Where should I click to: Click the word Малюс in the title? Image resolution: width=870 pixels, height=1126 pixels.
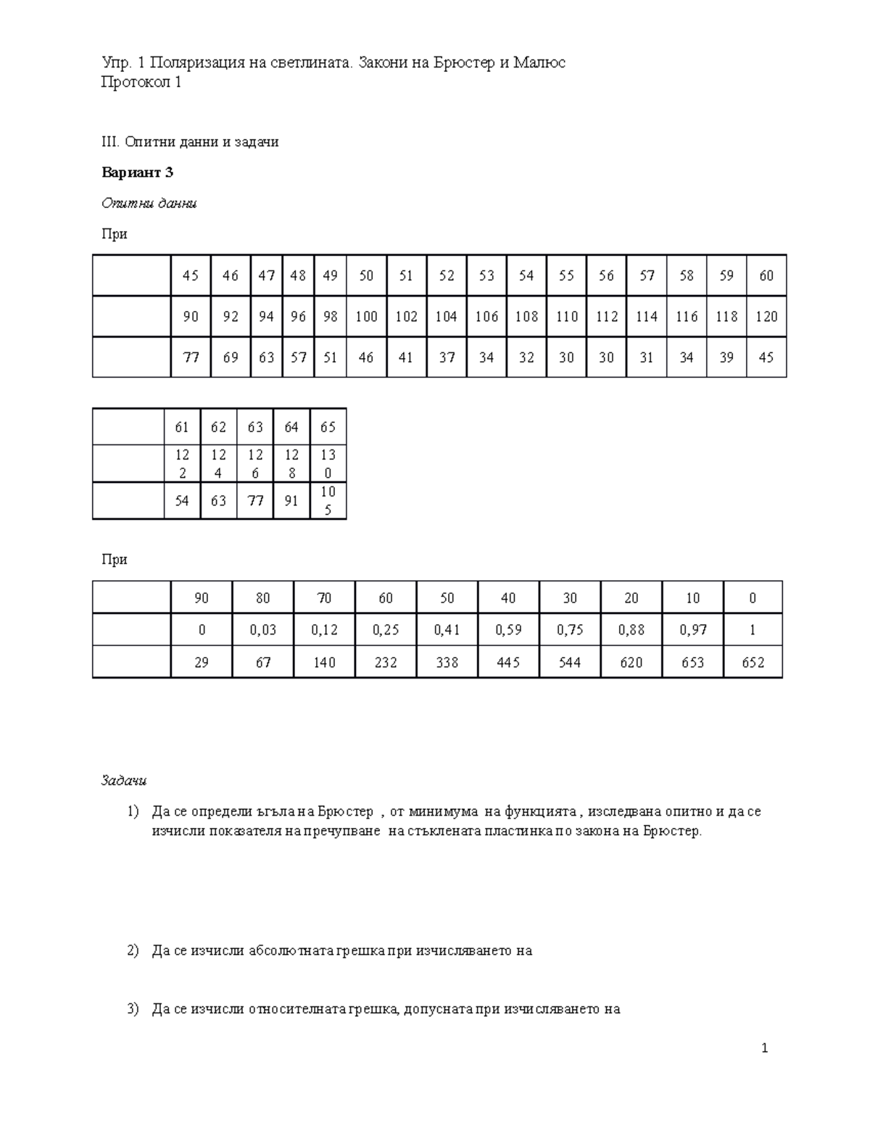[539, 63]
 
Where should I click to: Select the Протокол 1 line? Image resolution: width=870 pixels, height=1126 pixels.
[141, 83]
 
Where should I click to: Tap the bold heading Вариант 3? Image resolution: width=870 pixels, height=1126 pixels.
[138, 173]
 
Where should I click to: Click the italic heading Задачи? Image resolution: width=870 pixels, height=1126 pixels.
[124, 781]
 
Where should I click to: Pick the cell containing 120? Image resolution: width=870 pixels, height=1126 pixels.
[766, 316]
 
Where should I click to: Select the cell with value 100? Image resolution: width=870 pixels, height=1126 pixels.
[367, 316]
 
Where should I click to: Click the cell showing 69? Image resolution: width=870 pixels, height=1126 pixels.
[231, 357]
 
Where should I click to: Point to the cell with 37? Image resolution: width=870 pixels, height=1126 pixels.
[447, 357]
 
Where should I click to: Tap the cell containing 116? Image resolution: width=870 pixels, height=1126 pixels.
[687, 316]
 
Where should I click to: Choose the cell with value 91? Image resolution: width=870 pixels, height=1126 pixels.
[291, 501]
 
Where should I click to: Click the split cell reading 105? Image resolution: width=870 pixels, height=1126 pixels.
[328, 501]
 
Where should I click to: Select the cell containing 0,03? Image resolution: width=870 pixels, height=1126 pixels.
[263, 630]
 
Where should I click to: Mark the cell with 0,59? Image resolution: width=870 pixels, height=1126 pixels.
[508, 630]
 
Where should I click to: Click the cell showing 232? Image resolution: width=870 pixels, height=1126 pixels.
[386, 662]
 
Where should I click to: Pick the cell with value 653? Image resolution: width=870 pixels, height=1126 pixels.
[692, 662]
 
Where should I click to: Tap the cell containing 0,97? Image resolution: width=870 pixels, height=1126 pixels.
[692, 630]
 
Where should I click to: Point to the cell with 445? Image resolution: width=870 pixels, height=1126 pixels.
[508, 662]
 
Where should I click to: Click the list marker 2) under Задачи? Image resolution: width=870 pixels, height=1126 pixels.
[132, 951]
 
